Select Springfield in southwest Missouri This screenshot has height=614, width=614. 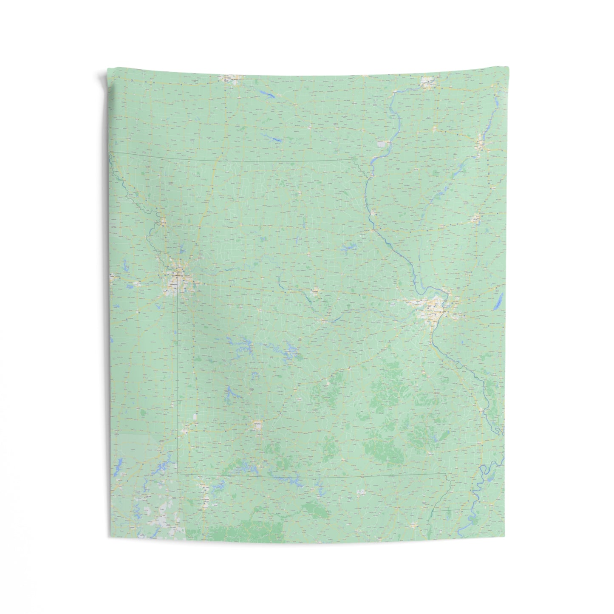(257, 424)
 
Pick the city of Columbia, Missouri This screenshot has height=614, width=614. (315, 292)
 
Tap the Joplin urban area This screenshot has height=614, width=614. (186, 430)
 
